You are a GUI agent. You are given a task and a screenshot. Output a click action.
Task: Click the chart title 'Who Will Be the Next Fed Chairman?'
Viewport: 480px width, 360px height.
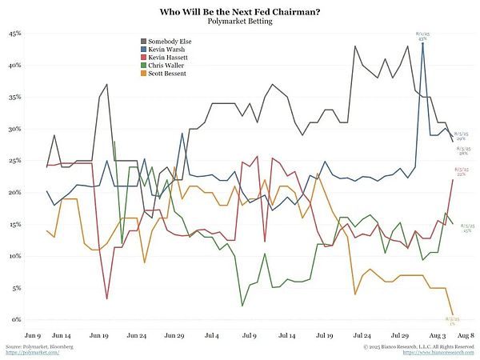pyautogui.click(x=240, y=12)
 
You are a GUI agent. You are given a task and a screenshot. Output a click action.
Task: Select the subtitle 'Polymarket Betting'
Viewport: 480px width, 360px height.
pyautogui.click(x=240, y=22)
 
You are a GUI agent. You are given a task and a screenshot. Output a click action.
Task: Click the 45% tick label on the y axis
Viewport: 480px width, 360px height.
pyautogui.click(x=14, y=34)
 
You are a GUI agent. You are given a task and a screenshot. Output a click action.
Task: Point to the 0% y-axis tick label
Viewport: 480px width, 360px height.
pyautogui.click(x=16, y=320)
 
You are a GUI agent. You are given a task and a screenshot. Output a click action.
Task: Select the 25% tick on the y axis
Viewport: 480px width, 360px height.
pyautogui.click(x=14, y=162)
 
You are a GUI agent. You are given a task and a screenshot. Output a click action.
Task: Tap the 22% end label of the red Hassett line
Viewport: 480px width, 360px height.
pyautogui.click(x=462, y=172)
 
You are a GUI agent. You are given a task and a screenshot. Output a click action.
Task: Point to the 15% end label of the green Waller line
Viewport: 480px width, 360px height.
pyautogui.click(x=466, y=229)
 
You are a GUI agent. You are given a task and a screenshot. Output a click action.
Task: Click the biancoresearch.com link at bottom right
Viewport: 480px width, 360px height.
pyautogui.click(x=444, y=352)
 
